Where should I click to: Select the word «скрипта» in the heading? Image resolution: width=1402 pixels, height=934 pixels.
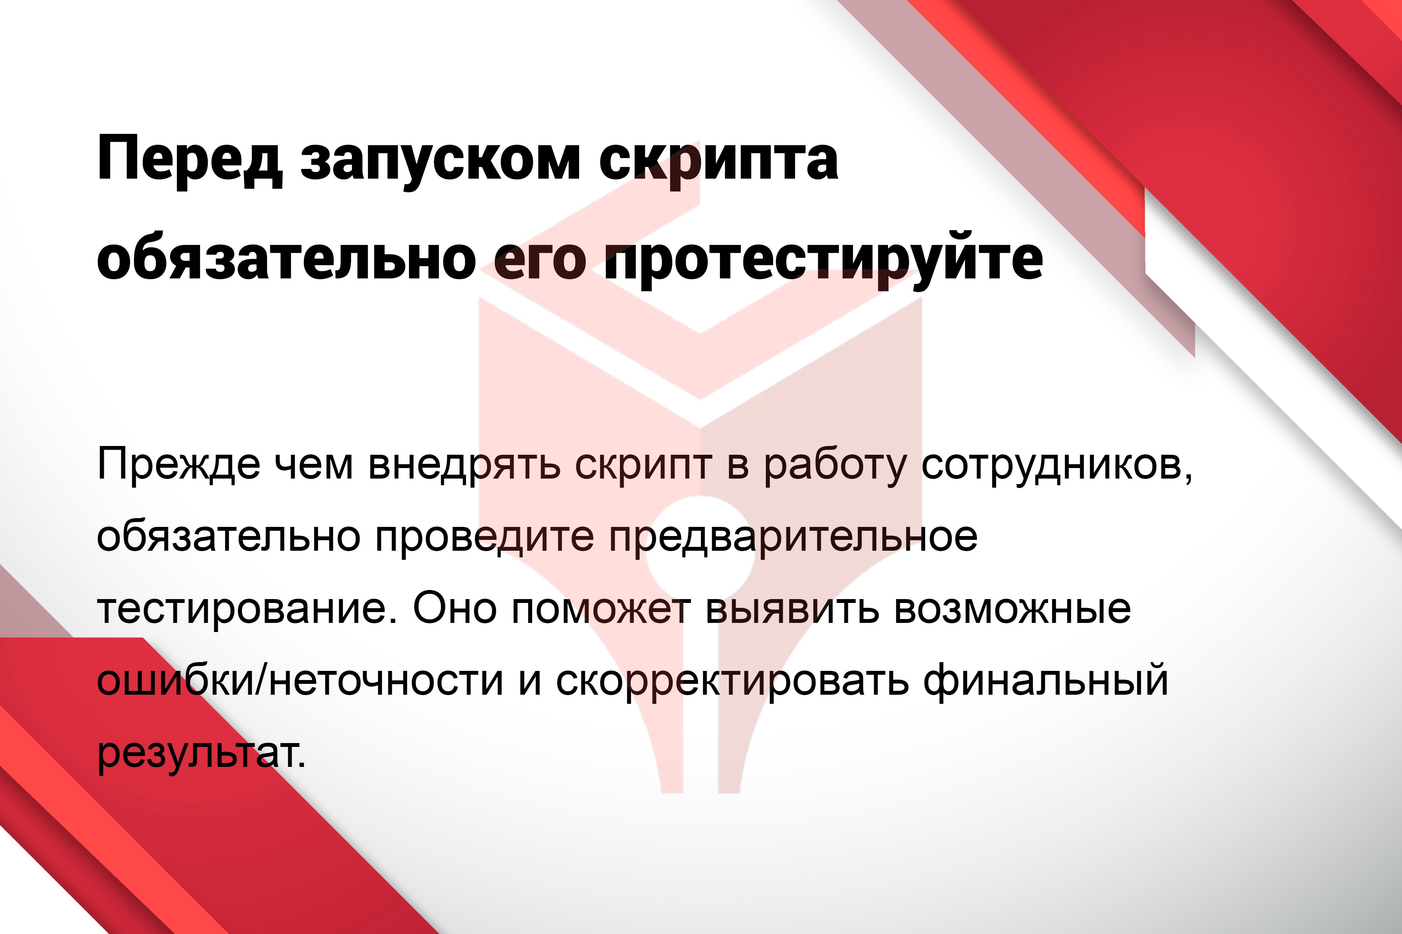719,164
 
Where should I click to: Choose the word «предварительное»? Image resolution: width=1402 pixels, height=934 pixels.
793,537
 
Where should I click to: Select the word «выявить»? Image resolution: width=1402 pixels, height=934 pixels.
792,609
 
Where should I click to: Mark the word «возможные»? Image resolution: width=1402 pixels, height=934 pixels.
1012,609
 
